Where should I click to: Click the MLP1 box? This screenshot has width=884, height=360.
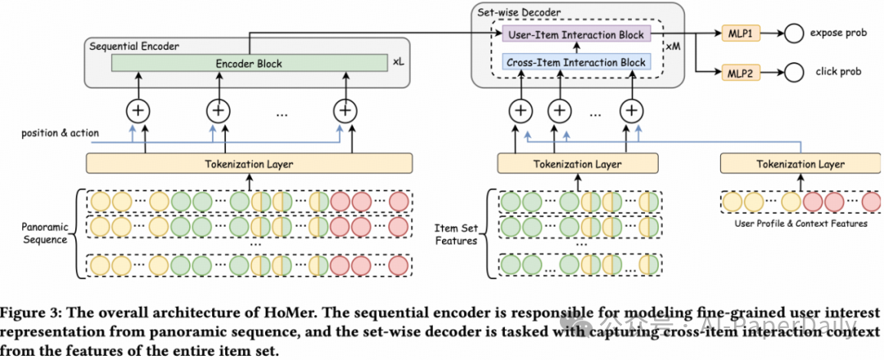click(740, 35)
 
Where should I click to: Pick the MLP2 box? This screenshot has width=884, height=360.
click(740, 72)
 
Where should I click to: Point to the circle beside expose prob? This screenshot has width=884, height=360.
click(792, 35)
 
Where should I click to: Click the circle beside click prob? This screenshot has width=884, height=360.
click(792, 72)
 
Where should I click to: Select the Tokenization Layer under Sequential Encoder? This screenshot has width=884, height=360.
click(249, 164)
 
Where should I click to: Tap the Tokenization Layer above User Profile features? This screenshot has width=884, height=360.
click(801, 164)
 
